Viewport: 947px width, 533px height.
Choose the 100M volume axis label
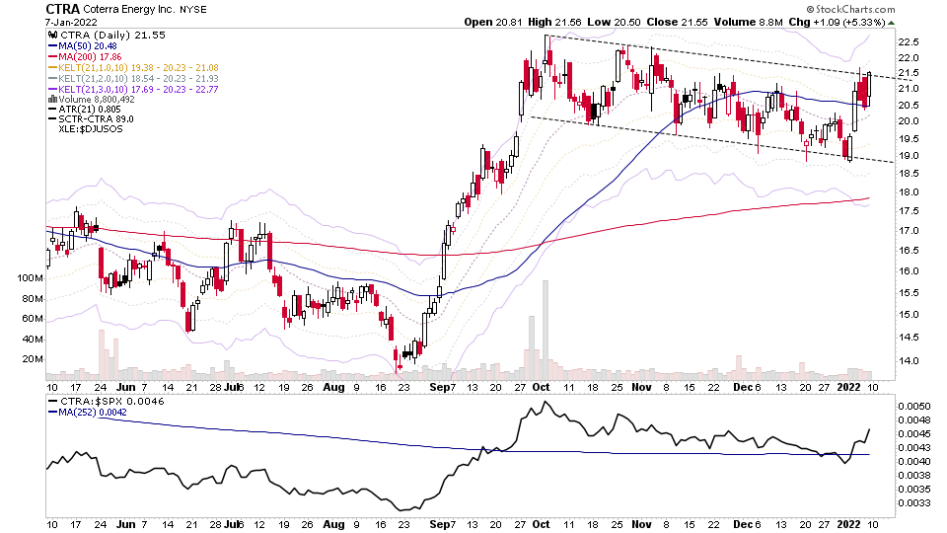[x=32, y=279]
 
